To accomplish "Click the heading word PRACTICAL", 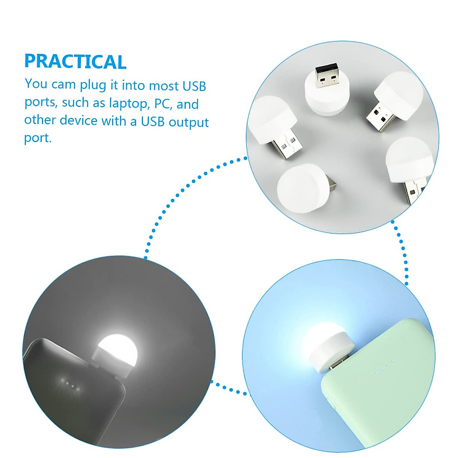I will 75,62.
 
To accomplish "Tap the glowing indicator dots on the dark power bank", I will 69,382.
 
